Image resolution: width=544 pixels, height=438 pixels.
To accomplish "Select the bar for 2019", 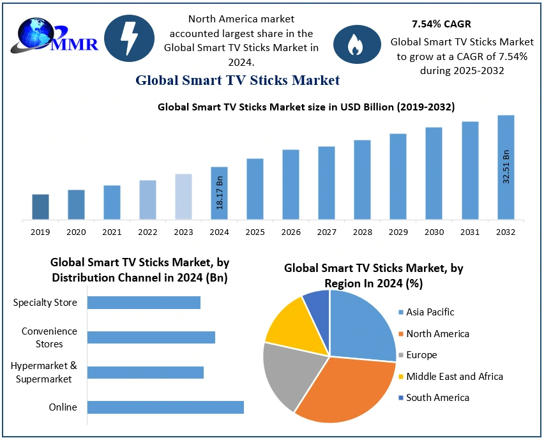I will click(40, 207).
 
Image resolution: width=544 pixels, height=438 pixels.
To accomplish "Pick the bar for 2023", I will click(183, 197).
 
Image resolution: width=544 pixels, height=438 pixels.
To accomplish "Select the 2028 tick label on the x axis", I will click(362, 232).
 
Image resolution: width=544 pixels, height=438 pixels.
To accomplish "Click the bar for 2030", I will click(434, 174).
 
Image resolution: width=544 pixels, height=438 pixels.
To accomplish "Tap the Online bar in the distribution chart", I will click(165, 407).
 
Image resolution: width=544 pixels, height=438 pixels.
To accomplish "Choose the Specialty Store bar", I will click(144, 303).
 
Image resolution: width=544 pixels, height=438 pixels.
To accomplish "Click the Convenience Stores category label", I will click(49, 338).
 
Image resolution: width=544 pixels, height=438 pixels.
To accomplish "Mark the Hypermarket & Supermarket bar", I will click(145, 372).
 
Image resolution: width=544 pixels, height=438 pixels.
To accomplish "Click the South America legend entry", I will click(437, 398).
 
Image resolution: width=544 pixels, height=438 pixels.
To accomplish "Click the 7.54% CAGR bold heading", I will click(441, 24).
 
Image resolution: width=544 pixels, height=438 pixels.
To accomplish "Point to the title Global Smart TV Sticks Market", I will click(237, 80).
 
